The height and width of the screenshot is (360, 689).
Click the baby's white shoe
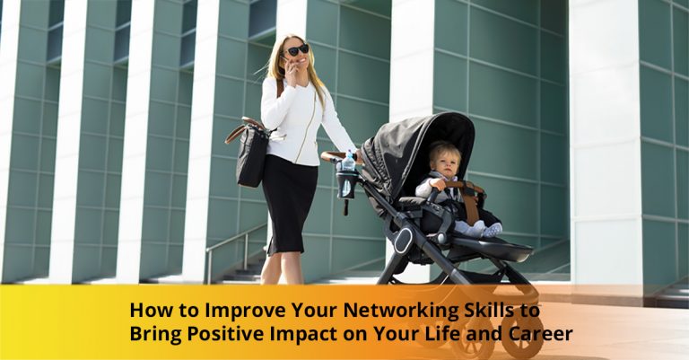[491, 230]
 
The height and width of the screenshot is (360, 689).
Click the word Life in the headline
[444, 336]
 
